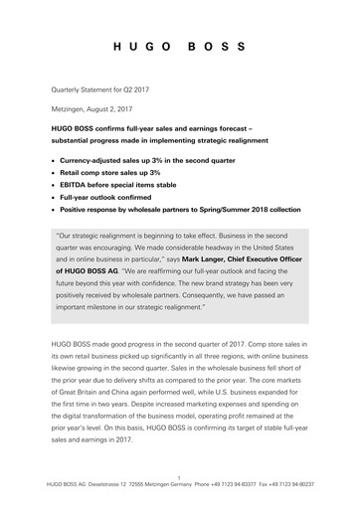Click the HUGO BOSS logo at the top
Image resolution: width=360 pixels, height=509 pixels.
click(180, 48)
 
